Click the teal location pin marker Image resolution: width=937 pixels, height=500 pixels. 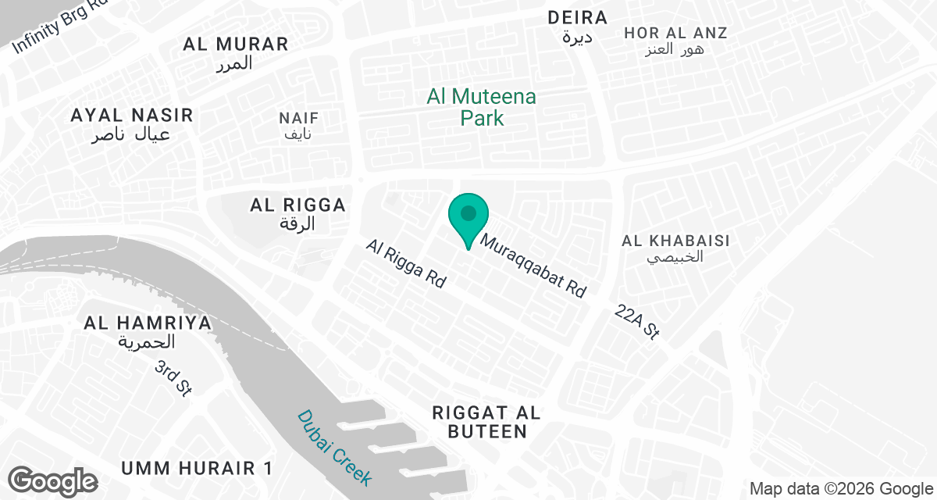(468, 216)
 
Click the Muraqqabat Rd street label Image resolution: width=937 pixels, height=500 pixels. (533, 266)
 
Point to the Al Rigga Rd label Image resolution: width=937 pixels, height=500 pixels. (405, 264)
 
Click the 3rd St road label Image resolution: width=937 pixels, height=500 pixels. (173, 378)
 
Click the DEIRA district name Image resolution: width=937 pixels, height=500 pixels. (577, 18)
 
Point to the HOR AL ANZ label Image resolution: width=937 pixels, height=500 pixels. (675, 34)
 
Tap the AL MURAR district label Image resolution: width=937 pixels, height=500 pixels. (236, 44)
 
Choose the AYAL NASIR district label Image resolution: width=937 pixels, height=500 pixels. (131, 116)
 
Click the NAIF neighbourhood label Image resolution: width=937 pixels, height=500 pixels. (299, 119)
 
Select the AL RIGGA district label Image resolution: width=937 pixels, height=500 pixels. (297, 205)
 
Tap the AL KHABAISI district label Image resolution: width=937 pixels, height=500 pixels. (675, 241)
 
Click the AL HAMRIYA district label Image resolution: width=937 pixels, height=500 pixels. (148, 323)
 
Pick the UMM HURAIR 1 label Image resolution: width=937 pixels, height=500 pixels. (197, 469)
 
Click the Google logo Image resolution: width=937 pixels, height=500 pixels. (54, 480)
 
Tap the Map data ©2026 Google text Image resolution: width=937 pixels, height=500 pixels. (841, 489)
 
